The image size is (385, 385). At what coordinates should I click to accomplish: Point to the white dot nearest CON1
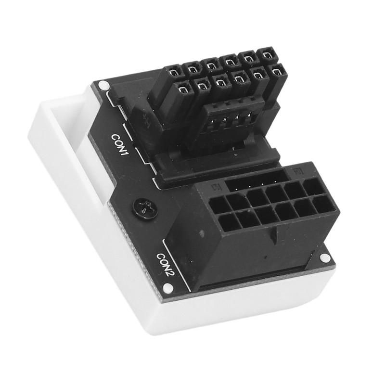click(x=102, y=86)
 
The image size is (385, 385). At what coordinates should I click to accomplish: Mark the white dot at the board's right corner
click(x=325, y=258)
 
